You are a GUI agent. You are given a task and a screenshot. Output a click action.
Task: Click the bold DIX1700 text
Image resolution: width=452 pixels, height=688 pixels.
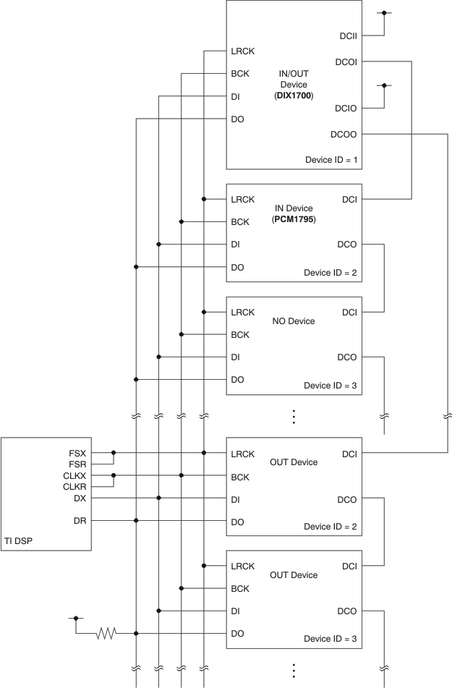point(294,95)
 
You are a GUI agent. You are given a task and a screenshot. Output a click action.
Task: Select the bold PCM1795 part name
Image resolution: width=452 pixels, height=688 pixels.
point(294,218)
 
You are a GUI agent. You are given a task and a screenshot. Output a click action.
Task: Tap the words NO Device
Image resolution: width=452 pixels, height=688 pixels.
point(294,320)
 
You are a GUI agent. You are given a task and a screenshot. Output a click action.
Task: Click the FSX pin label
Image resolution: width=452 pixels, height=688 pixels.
point(80,453)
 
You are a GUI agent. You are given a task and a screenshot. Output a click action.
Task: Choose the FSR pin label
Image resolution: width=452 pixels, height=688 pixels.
point(80,464)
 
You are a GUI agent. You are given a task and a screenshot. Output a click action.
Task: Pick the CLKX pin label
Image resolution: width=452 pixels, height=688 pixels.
point(77,475)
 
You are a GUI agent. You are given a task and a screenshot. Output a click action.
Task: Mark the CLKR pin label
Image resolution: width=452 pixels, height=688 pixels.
point(77,487)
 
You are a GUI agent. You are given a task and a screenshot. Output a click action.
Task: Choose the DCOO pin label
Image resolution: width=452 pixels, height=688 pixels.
point(344,134)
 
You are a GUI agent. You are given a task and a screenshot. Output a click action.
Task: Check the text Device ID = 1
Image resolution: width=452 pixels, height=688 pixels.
point(331,159)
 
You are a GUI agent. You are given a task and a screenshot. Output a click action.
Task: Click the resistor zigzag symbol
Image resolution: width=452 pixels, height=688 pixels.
point(107,634)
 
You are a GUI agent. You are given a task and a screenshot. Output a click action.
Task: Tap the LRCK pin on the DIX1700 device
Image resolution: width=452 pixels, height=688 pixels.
point(242,51)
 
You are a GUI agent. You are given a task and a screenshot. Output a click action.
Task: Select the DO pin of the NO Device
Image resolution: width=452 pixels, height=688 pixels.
point(237,380)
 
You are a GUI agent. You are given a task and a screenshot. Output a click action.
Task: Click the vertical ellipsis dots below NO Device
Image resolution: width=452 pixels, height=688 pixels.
point(294,417)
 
